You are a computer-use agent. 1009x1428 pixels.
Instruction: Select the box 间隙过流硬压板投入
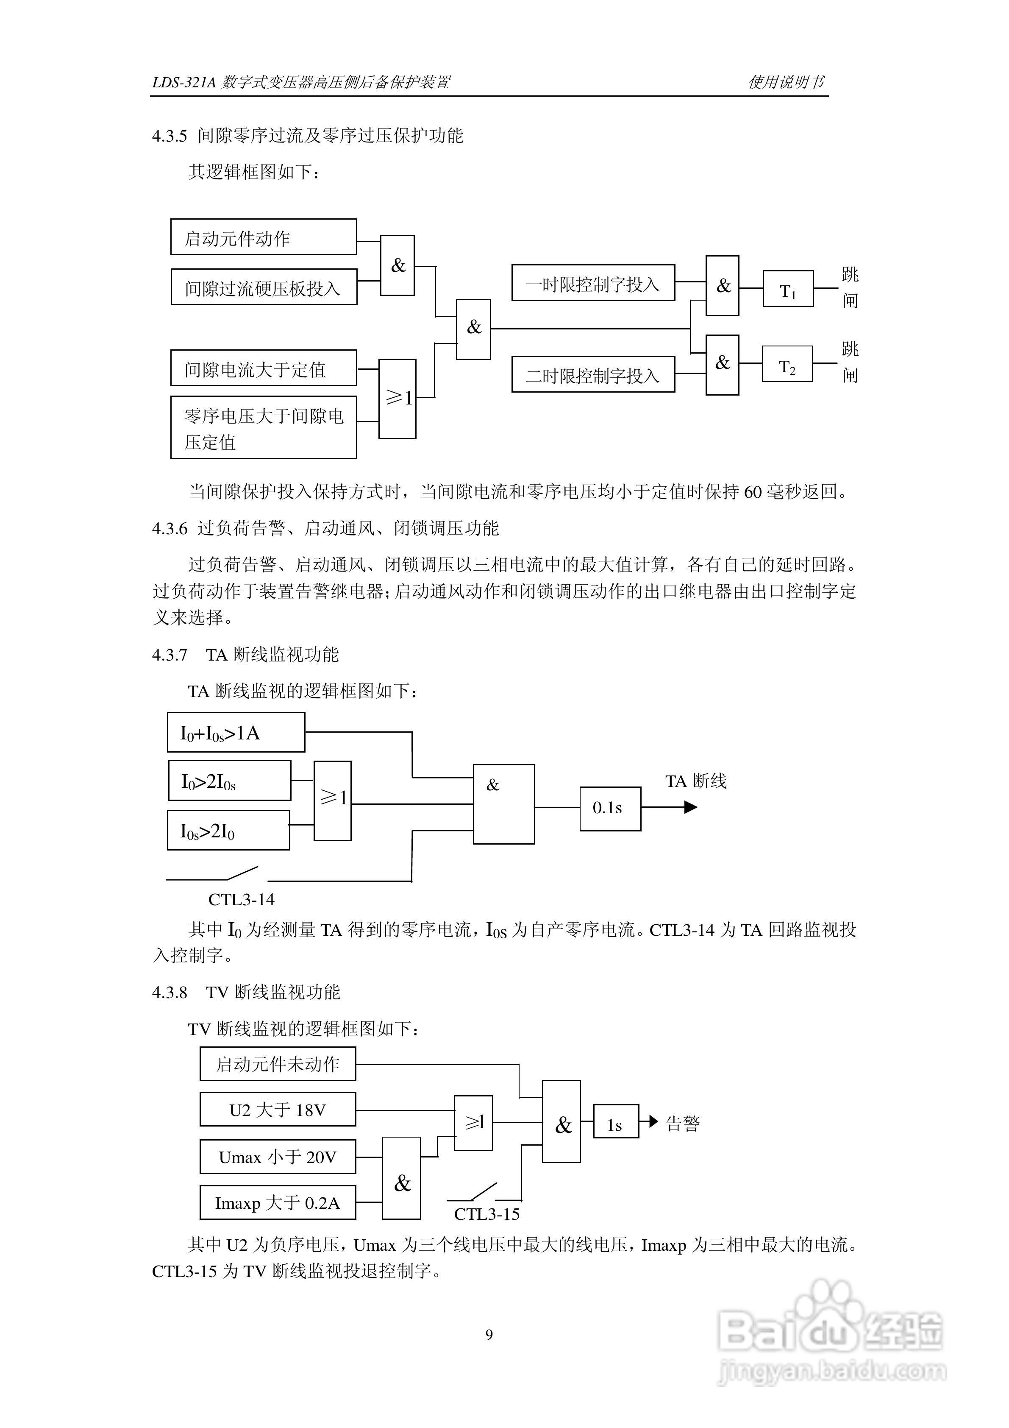point(264,287)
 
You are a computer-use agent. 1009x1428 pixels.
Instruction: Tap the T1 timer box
point(788,289)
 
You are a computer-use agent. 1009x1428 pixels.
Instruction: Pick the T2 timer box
point(787,364)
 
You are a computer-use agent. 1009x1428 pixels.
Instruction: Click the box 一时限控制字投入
point(593,282)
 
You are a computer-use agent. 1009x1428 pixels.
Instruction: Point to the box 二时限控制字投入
point(593,374)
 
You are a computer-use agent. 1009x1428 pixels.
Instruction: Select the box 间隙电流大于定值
point(264,368)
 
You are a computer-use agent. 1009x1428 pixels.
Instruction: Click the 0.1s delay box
point(610,809)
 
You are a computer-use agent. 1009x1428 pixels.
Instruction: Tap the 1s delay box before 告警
point(615,1121)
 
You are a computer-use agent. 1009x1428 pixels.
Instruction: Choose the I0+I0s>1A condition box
point(236,732)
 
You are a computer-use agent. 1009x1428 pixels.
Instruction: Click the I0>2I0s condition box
point(229,781)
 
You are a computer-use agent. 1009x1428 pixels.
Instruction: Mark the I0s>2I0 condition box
point(228,830)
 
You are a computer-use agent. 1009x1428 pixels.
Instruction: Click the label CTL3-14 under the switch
point(241,899)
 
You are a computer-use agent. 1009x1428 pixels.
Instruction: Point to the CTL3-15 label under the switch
point(487,1214)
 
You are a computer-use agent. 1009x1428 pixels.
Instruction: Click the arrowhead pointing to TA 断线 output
point(691,807)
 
